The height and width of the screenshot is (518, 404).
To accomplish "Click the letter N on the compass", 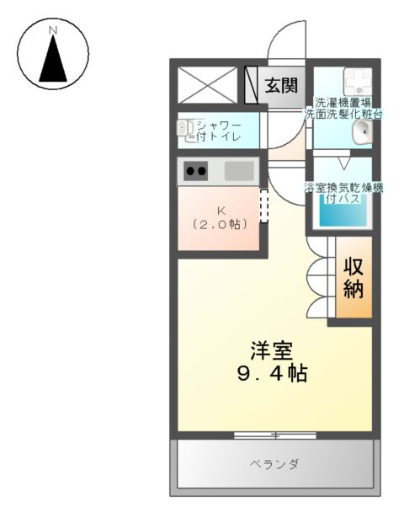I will click(x=53, y=31).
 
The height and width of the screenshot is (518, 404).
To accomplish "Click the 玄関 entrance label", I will click(x=282, y=85).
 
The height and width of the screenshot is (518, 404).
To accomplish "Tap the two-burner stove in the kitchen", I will click(x=196, y=172).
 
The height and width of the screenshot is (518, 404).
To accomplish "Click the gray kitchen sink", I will click(x=239, y=171).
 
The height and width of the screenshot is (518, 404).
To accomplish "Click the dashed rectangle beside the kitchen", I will click(x=263, y=206).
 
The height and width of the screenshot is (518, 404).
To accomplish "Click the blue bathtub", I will click(x=341, y=211).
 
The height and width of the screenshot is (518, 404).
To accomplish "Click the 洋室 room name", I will click(x=271, y=349).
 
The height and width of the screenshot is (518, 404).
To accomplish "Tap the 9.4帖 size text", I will click(x=271, y=372).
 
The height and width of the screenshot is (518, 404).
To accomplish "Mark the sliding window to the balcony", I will click(x=274, y=435).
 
